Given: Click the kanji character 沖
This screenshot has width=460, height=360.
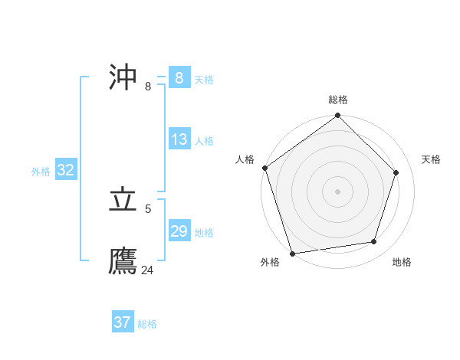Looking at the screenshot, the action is click(123, 78).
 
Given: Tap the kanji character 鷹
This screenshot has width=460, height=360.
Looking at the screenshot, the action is click(123, 261).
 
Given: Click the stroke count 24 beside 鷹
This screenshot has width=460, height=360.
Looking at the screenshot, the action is click(147, 270).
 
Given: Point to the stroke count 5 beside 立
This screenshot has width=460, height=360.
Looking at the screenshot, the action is click(148, 208).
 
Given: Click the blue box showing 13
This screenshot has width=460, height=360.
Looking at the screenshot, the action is click(179, 139).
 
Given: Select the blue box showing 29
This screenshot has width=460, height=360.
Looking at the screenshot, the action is click(179, 231).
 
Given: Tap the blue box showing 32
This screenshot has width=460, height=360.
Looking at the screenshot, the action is click(65, 170).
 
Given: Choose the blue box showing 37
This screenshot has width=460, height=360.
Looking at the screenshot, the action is click(123, 322).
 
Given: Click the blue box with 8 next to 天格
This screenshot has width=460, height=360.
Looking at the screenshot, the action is click(179, 77).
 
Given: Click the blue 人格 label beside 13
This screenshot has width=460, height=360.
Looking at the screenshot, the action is click(204, 141).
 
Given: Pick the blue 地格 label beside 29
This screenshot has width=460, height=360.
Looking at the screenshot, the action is click(204, 233).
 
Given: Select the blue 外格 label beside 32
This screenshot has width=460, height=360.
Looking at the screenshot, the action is click(41, 172).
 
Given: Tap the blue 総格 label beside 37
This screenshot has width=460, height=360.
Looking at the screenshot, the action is click(147, 324).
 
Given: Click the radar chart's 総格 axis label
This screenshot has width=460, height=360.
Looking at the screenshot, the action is click(338, 100).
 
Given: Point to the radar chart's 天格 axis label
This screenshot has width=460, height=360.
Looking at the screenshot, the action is click(431, 159).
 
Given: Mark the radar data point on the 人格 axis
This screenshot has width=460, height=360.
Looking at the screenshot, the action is click(265, 168).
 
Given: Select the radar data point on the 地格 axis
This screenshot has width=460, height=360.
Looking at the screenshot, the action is click(374, 242).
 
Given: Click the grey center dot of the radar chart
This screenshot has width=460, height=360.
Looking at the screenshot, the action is click(338, 191).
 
